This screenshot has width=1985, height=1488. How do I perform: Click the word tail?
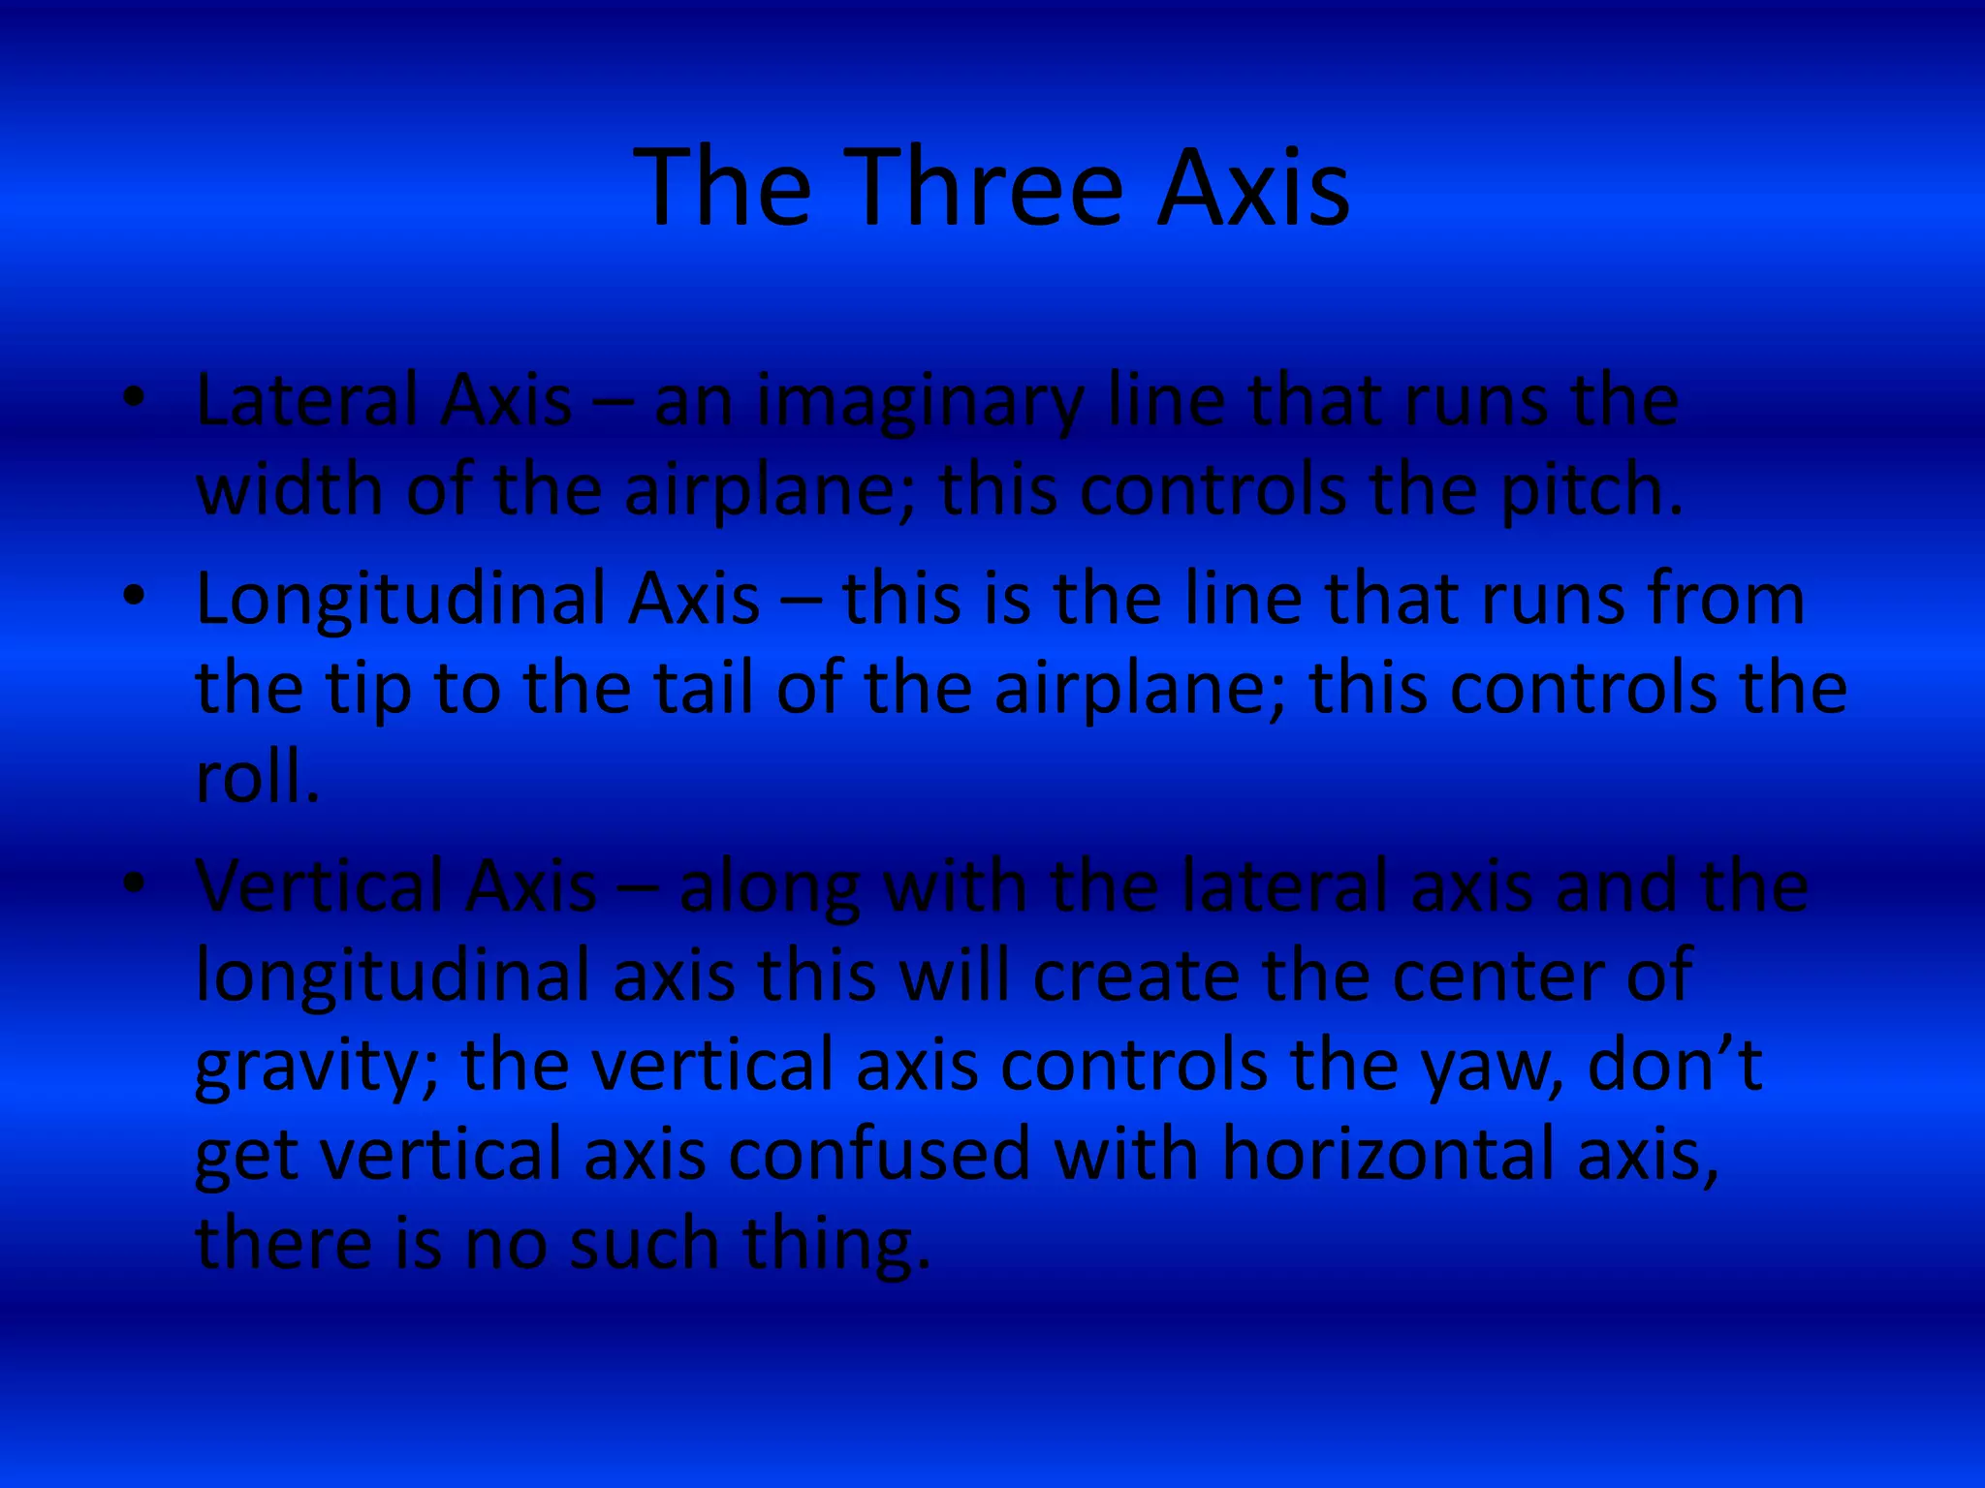[x=704, y=688]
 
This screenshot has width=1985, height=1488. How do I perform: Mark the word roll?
[x=256, y=777]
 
